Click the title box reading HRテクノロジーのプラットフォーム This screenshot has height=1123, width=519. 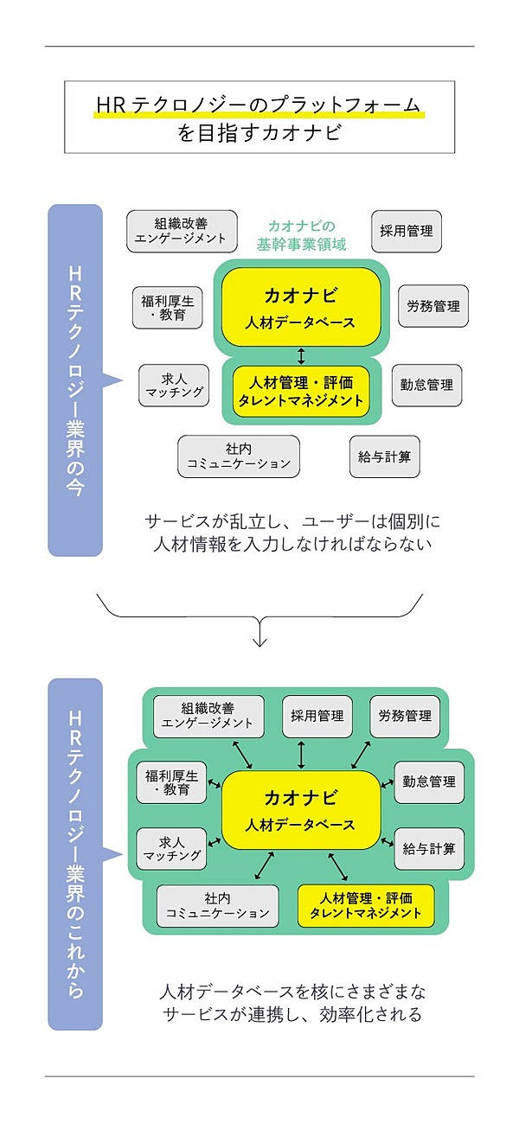[259, 117]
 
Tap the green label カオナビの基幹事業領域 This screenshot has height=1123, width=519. [302, 235]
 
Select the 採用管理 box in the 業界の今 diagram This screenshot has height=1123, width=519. [407, 231]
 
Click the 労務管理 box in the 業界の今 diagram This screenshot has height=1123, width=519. [433, 306]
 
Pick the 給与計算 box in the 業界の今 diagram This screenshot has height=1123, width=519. [385, 456]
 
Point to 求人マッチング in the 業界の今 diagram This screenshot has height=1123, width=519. [174, 385]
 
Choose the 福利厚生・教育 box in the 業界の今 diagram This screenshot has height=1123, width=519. [168, 307]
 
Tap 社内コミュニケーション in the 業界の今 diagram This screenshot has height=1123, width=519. [239, 456]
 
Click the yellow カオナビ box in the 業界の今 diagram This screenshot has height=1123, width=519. [301, 306]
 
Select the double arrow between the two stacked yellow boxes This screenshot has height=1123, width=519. [301, 355]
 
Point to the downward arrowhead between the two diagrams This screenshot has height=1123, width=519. [259, 641]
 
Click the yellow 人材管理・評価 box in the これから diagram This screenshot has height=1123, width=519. [366, 905]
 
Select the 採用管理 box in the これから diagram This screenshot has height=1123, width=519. [317, 716]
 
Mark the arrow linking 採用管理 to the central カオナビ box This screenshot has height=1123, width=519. [301, 754]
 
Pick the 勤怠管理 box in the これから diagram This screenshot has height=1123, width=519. [429, 782]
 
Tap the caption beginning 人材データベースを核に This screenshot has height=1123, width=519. [293, 1003]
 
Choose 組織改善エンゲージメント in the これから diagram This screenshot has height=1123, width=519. [208, 716]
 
